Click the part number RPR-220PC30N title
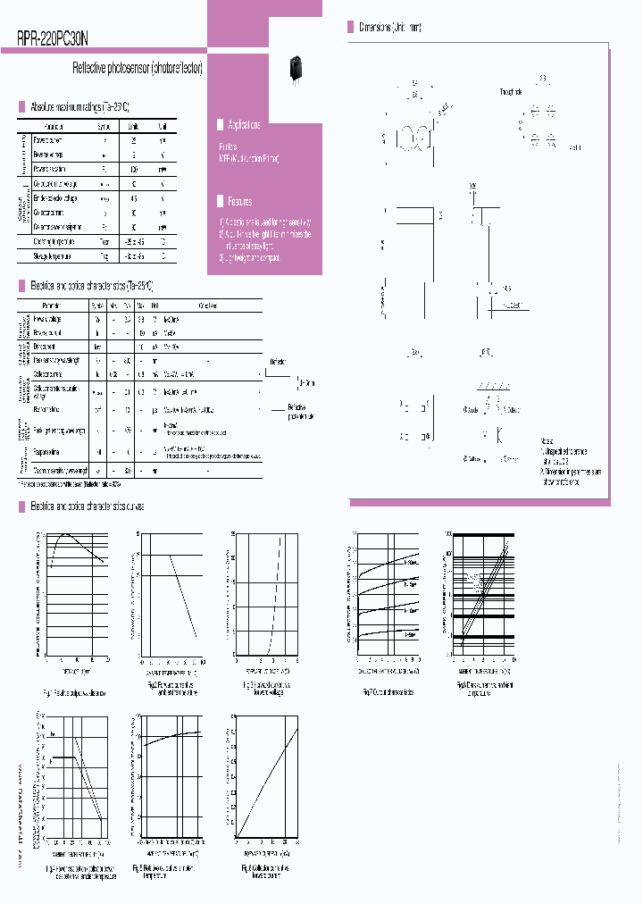click(x=53, y=38)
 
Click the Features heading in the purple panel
click(x=239, y=202)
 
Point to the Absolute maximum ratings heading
click(x=80, y=105)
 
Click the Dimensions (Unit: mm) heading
click(x=390, y=29)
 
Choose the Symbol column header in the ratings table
click(x=104, y=127)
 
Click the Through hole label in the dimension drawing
click(x=512, y=92)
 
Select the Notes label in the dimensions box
click(x=547, y=441)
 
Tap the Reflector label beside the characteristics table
click(x=278, y=362)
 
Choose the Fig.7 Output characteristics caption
click(x=388, y=692)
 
